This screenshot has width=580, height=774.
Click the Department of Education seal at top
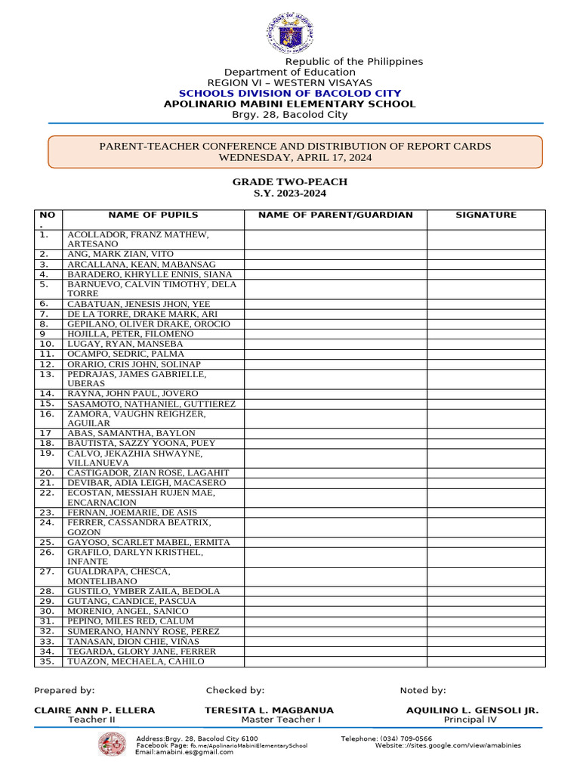pos(290,33)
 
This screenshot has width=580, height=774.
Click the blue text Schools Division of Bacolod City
pos(289,93)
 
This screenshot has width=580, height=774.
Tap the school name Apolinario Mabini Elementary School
pos(289,104)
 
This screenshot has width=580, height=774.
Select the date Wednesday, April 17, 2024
pos(295,158)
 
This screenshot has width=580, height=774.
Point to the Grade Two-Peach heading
pos(290,182)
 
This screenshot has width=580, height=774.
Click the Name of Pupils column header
pos(153,215)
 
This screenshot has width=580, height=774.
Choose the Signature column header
pos(486,215)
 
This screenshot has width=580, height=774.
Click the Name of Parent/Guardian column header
pos(335,215)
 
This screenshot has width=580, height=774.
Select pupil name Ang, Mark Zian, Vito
pos(121,255)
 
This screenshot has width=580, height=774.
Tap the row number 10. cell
pos(48,344)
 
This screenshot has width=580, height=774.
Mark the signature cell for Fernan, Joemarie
pos(486,512)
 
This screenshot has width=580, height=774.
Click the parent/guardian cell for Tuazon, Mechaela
pos(335,661)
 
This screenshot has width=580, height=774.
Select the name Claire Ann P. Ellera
pos(94,711)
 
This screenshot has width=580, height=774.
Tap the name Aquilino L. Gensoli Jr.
pos(472,711)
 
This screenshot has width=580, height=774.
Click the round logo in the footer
pos(113,745)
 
